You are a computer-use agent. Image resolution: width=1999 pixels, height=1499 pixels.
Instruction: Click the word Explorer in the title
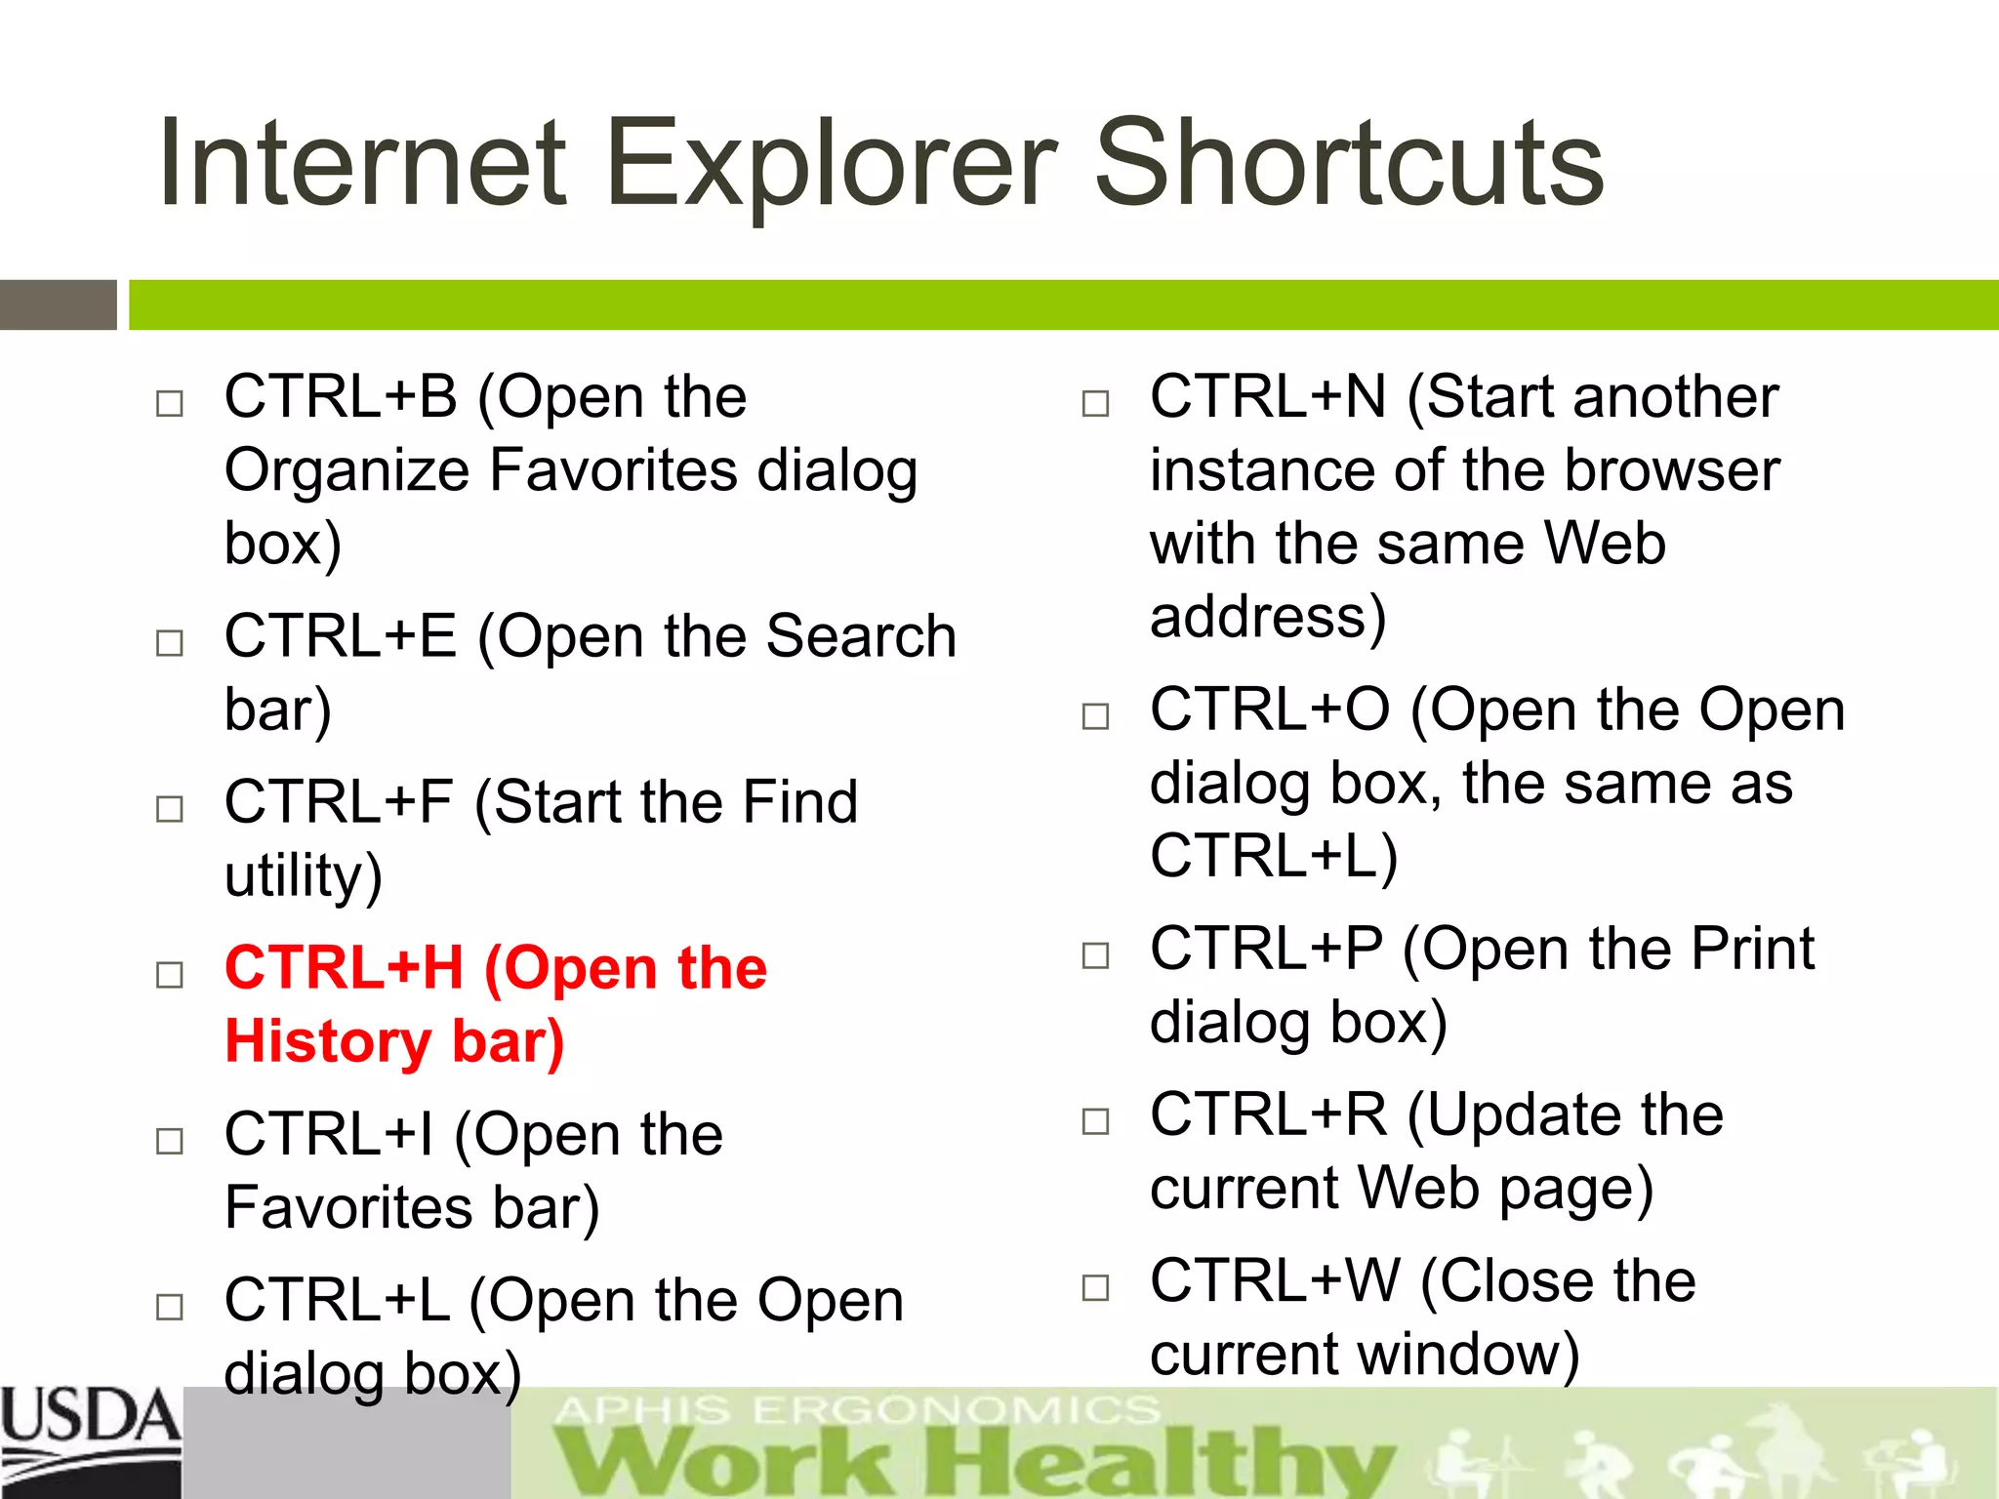830,164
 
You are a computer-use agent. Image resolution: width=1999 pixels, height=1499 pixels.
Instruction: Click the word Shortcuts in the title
1349,164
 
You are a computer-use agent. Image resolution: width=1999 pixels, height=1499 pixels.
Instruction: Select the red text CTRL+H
344,968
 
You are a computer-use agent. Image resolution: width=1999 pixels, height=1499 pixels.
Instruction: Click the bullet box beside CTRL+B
170,403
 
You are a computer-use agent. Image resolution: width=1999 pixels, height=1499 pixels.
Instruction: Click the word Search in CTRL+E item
861,636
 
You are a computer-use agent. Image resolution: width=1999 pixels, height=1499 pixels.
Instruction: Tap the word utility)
303,875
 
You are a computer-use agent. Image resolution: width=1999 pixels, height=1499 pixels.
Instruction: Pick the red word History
327,1041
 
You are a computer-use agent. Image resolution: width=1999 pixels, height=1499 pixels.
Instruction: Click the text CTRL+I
328,1134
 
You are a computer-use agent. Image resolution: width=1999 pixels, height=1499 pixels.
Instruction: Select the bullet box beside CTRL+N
1095,403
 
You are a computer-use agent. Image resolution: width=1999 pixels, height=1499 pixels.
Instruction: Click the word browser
1672,470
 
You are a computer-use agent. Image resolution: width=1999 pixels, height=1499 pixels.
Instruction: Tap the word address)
1267,617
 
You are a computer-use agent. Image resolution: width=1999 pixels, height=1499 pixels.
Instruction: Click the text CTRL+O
1269,709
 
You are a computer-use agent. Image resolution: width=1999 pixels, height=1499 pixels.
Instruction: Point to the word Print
1752,949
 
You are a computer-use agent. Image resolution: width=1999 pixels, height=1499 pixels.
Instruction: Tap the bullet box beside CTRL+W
1095,1287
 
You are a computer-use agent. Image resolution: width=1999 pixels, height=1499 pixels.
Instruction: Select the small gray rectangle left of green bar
58,304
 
